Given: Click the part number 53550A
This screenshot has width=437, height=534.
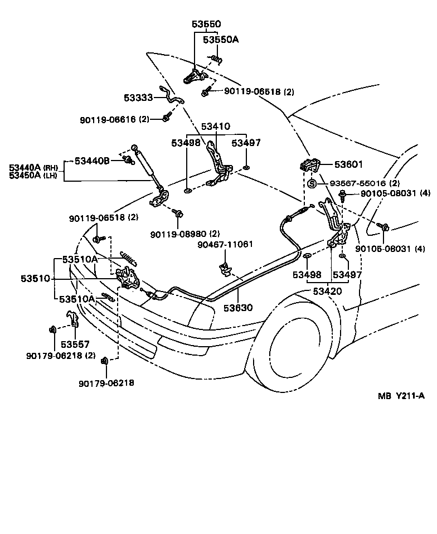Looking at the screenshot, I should (220, 40).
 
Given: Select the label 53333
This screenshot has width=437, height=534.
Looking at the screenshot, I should (138, 98).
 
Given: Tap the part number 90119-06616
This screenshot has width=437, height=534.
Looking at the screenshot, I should (106, 120).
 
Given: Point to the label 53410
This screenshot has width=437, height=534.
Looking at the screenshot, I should (215, 127).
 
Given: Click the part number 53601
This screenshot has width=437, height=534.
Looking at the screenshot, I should (348, 164).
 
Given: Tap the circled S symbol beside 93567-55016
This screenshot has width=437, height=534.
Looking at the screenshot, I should (312, 183).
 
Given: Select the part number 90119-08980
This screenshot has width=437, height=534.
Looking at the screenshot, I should (178, 234).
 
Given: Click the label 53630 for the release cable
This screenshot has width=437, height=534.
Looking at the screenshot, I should (239, 307).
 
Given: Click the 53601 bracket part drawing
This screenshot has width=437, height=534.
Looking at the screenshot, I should (308, 166).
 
